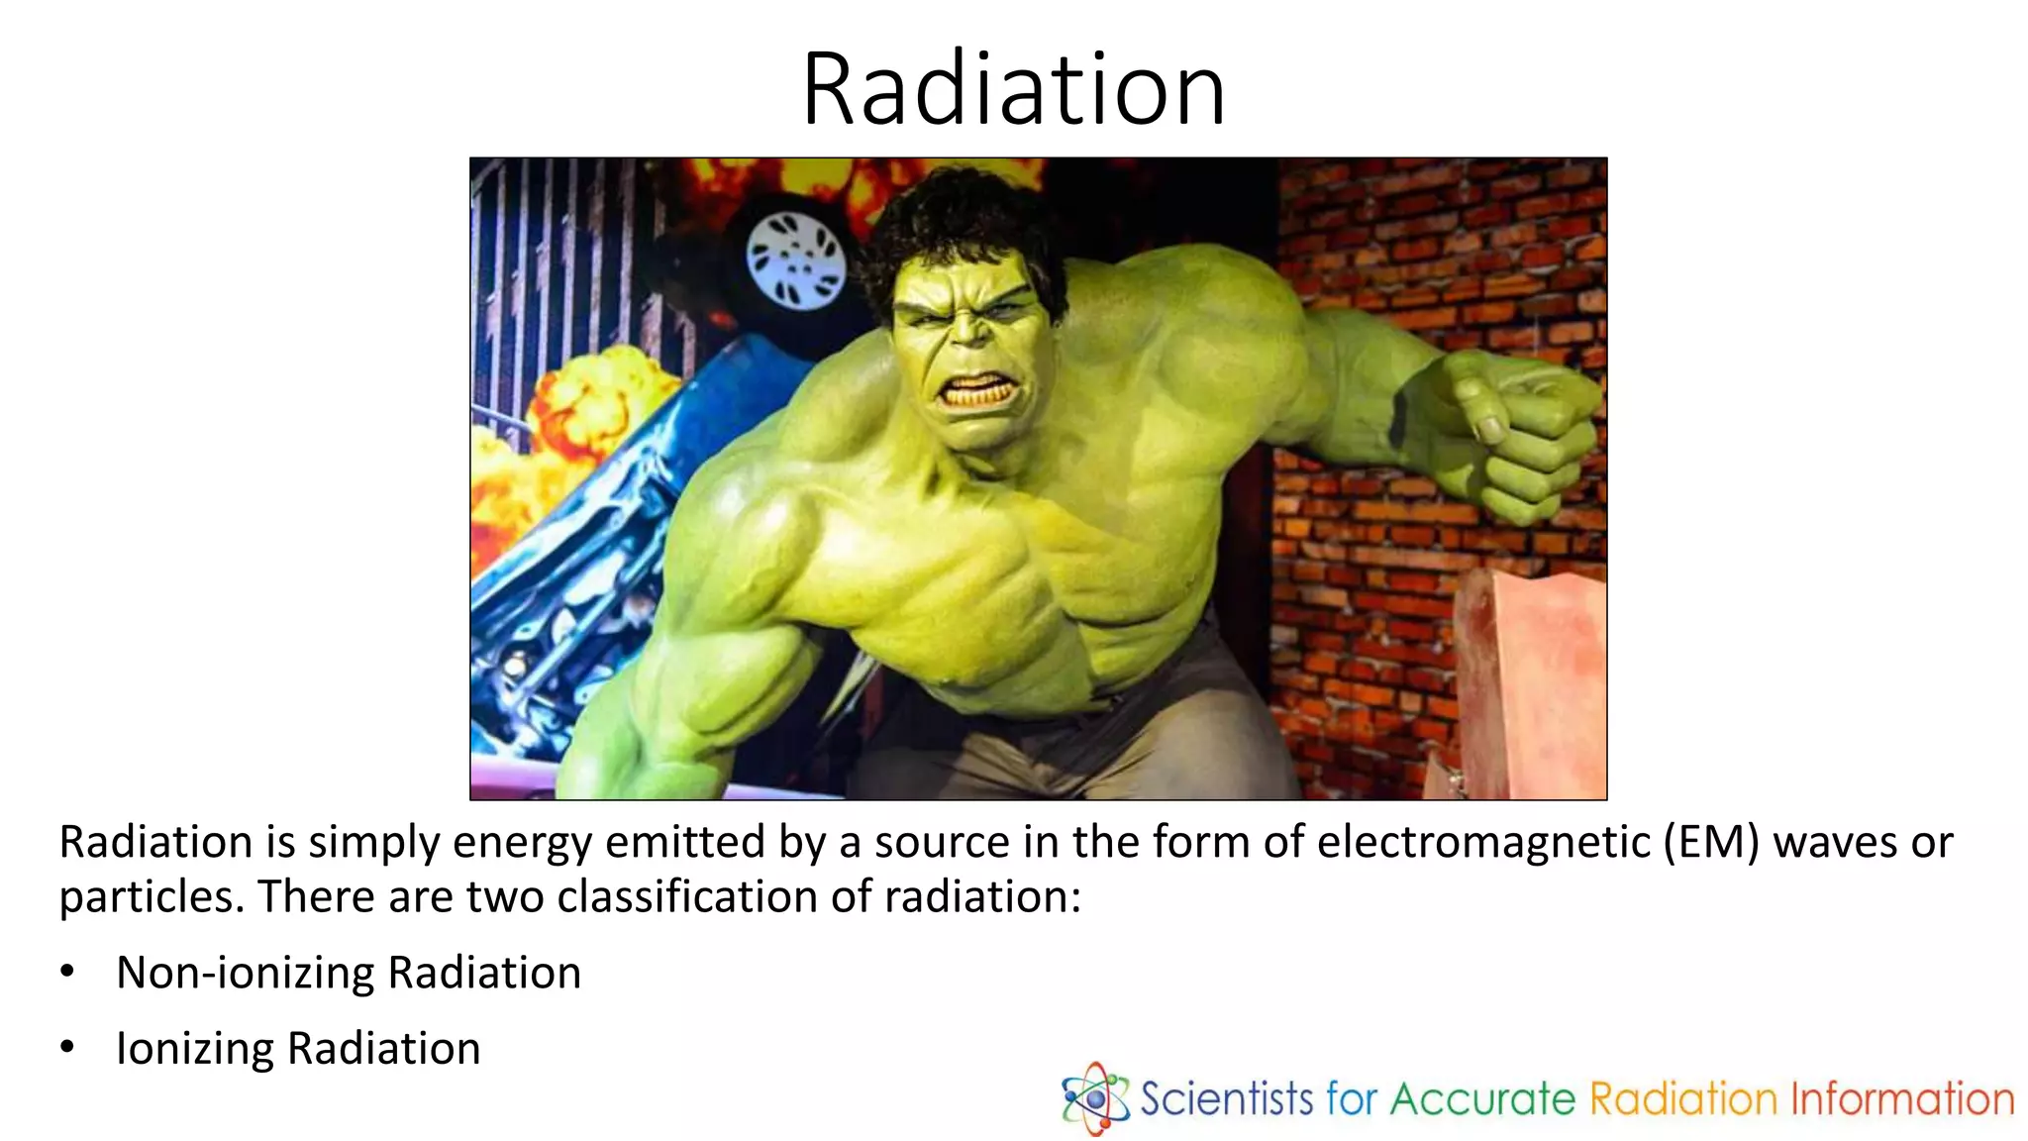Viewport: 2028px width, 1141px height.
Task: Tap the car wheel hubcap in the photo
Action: click(x=795, y=259)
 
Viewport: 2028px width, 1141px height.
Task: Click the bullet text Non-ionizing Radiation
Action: click(x=349, y=973)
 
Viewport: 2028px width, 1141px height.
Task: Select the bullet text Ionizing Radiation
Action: click(x=298, y=1049)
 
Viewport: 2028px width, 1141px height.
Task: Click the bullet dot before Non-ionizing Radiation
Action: click(x=66, y=972)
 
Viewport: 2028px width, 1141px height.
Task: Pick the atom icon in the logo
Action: click(x=1094, y=1097)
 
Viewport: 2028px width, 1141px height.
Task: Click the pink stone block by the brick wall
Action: click(x=1530, y=683)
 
